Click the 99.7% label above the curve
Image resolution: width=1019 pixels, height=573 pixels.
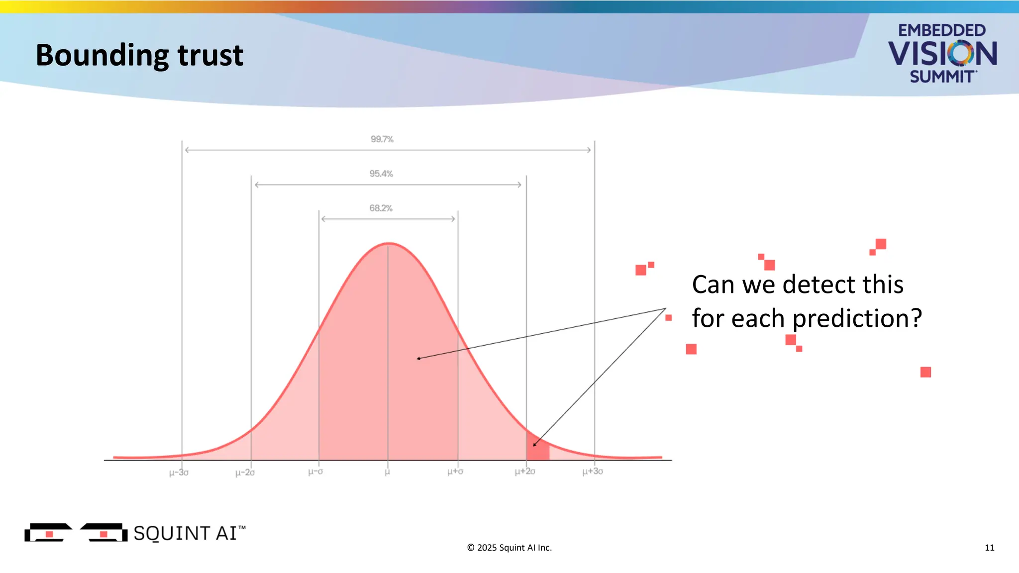pos(382,139)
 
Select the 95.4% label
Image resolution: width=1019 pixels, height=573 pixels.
pos(381,174)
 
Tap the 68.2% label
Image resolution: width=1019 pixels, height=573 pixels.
pos(381,208)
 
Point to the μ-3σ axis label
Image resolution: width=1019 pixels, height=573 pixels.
pos(179,472)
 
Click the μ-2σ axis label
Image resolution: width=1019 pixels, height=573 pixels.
pos(245,472)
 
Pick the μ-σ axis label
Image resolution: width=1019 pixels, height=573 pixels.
pos(315,471)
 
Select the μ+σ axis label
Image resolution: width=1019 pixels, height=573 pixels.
pos(455,471)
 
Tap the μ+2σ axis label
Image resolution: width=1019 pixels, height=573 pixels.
pos(525,471)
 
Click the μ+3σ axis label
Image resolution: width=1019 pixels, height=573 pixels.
pos(593,471)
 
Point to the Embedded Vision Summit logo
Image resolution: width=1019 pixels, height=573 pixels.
pos(942,53)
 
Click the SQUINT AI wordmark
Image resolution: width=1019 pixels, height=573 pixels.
pos(189,533)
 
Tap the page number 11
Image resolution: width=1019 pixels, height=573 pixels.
pos(989,548)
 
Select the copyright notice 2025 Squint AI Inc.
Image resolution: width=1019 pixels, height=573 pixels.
pos(509,548)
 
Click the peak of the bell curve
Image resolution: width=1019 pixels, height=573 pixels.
pos(389,243)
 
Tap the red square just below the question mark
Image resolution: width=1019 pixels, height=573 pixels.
pos(925,372)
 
